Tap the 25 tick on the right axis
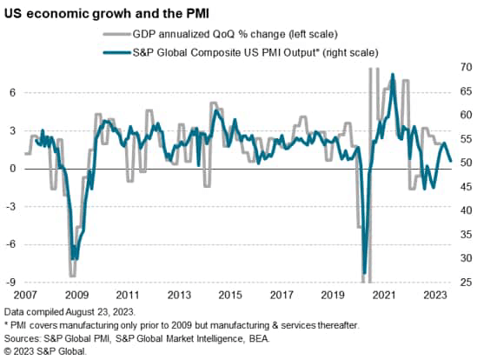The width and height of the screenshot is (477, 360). coord(466,283)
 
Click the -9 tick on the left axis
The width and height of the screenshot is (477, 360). coord(12,283)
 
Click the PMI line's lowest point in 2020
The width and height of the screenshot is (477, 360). coord(363,272)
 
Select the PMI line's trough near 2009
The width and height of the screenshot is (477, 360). coord(75,257)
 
